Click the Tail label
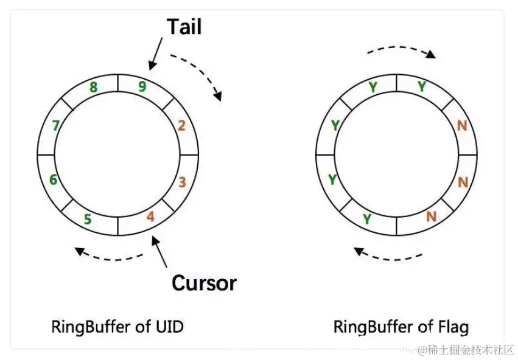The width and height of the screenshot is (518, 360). click(184, 26)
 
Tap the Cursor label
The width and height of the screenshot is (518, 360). click(204, 282)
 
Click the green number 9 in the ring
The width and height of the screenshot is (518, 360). click(142, 86)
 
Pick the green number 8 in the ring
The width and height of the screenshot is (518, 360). click(93, 87)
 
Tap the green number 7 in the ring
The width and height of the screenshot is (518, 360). click(56, 126)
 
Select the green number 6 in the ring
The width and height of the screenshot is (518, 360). click(54, 179)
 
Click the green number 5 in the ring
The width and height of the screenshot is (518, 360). click(88, 218)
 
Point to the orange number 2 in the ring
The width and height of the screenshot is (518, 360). click(181, 126)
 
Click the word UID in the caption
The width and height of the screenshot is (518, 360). click(168, 327)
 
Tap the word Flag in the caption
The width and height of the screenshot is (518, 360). click(453, 327)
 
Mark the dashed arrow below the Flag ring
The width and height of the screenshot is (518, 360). click(390, 255)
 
